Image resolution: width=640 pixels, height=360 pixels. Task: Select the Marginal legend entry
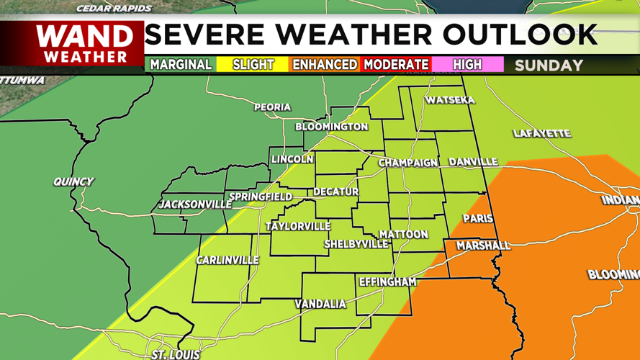click(x=181, y=65)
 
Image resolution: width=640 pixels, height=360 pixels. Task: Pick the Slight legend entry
click(x=253, y=65)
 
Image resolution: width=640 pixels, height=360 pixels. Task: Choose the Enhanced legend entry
click(x=324, y=65)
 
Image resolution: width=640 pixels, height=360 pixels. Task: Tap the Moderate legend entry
click(x=396, y=65)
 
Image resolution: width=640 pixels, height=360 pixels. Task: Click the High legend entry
click(x=467, y=65)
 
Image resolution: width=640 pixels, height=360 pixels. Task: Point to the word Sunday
click(x=549, y=66)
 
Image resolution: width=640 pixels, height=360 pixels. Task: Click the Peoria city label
click(x=272, y=107)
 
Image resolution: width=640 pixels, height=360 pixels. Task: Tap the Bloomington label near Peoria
click(x=331, y=127)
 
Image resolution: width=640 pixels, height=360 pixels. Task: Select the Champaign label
click(x=407, y=163)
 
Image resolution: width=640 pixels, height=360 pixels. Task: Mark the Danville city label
click(x=473, y=162)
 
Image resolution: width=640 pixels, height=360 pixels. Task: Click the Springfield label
click(x=260, y=197)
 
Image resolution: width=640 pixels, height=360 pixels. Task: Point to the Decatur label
click(x=335, y=192)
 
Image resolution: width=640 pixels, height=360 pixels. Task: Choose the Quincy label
click(x=73, y=181)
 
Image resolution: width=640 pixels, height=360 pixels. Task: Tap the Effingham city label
click(x=387, y=282)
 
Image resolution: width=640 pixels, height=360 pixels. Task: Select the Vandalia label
click(x=320, y=305)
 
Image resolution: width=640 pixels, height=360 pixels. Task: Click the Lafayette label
click(x=541, y=133)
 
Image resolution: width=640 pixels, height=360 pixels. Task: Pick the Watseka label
click(x=450, y=100)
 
